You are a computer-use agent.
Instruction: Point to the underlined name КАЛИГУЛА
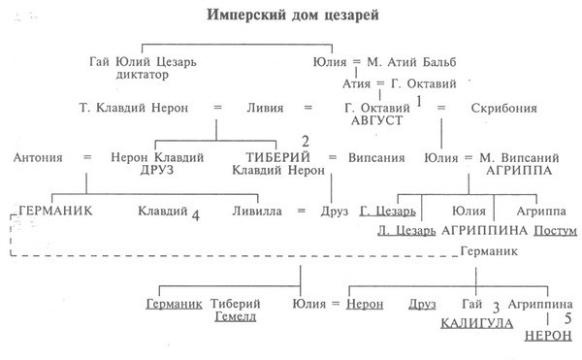(476, 323)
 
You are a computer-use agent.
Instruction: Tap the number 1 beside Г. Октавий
(420, 101)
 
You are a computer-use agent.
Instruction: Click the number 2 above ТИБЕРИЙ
(306, 142)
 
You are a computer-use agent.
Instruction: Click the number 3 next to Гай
(496, 308)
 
